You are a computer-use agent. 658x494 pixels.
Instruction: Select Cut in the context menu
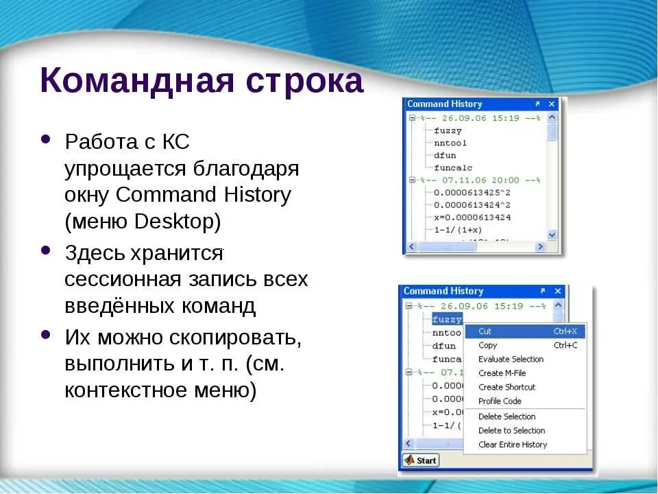485,331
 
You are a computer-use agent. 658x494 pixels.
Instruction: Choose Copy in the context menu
487,345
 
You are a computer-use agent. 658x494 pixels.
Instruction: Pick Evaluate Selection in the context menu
511,360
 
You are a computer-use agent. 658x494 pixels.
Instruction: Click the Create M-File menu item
502,373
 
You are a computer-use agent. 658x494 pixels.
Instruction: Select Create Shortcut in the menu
507,387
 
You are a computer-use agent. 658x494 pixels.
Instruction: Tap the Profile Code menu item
500,401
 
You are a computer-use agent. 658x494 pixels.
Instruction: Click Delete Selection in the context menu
507,416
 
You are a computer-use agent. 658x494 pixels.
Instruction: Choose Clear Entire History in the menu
513,445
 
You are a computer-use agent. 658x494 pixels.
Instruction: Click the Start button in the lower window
421,460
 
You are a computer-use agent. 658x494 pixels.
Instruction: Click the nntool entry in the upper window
450,143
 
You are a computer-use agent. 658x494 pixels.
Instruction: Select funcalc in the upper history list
453,167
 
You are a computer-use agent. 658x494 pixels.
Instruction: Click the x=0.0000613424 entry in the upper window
472,217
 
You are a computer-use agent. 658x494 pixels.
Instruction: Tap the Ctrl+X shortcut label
565,331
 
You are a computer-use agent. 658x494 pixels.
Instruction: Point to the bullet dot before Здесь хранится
46,250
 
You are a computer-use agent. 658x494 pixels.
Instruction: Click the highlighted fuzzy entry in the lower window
447,319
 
